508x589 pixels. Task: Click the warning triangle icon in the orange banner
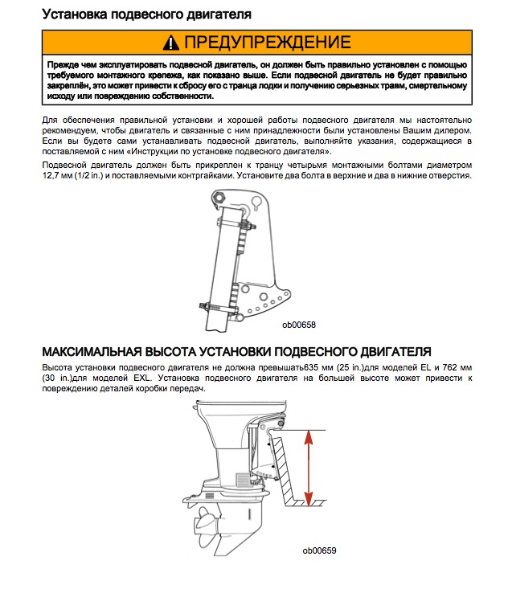(170, 43)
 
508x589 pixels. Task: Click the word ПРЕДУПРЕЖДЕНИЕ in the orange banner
(267, 43)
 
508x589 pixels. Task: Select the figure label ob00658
(298, 325)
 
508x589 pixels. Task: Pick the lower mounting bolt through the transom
(219, 307)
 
